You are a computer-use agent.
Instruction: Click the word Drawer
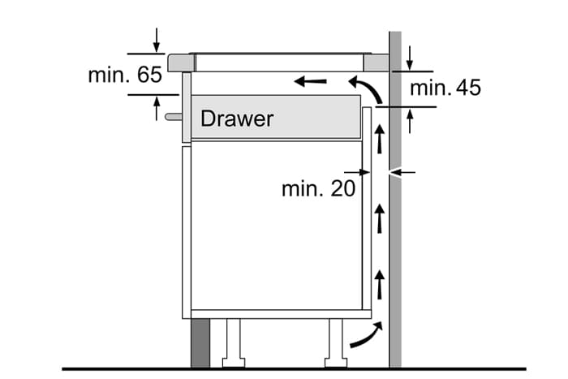237,118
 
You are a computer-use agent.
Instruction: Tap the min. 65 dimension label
125,75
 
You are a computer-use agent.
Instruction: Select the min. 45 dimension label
445,88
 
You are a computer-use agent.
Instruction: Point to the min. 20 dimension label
319,189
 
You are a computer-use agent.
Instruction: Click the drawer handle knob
173,117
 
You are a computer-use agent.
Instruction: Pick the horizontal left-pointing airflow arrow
311,81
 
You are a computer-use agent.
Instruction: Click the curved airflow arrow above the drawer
366,88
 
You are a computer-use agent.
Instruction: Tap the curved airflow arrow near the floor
366,334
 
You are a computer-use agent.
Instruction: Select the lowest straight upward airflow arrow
379,284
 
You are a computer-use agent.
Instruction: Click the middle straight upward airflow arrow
379,218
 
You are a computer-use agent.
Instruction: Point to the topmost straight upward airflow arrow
379,138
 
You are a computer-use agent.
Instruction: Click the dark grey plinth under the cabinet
200,342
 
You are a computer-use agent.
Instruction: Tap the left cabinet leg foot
234,362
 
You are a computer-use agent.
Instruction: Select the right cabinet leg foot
336,362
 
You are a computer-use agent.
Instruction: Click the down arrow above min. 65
156,40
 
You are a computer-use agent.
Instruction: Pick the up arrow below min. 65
157,108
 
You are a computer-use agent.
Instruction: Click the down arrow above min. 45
410,58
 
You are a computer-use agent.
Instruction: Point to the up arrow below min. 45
410,121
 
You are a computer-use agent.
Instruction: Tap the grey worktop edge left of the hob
181,62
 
